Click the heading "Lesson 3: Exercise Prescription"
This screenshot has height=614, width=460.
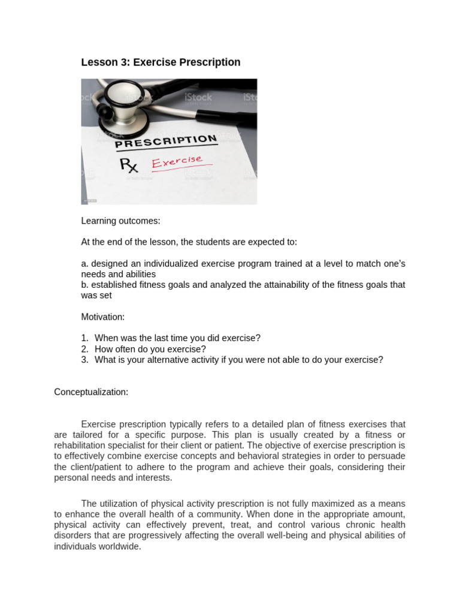161,62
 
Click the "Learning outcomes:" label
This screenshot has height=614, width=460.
120,221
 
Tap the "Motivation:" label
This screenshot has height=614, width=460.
103,317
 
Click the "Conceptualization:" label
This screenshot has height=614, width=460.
91,392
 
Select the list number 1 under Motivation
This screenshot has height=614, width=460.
86,338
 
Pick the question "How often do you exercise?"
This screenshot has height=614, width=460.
150,349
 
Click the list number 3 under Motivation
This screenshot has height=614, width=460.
86,360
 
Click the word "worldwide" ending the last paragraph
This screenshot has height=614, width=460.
120,546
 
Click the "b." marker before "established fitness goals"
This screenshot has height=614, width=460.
85,285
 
